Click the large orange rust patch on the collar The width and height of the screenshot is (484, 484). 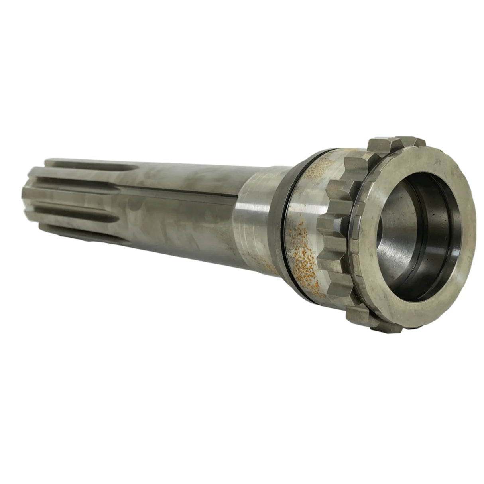[x=307, y=255]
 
